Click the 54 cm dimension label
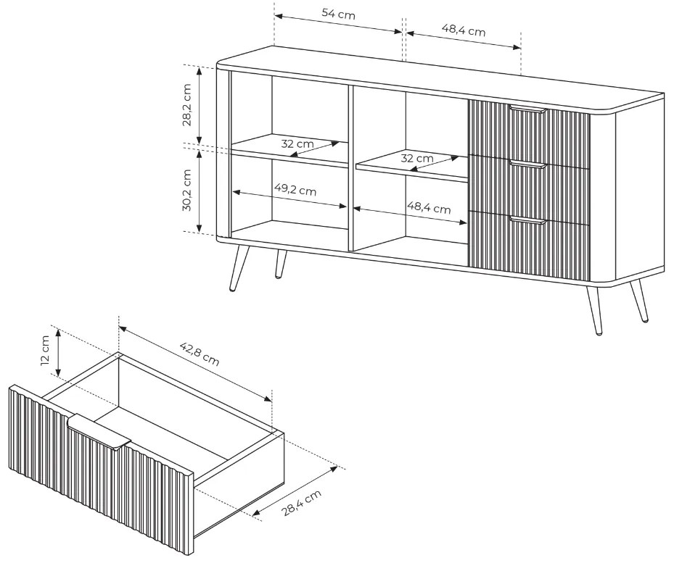tap(339, 14)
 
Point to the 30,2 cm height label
tap(187, 190)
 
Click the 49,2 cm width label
tap(295, 189)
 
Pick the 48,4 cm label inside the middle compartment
tap(429, 207)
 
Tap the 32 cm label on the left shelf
tap(297, 143)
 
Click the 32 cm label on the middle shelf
tap(417, 158)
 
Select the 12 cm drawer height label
tap(45, 350)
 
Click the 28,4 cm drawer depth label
tap(302, 503)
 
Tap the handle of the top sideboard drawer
tap(528, 109)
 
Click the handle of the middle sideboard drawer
tap(528, 164)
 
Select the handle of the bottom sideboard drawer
tap(528, 220)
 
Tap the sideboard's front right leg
tap(593, 309)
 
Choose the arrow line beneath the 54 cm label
tap(338, 24)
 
